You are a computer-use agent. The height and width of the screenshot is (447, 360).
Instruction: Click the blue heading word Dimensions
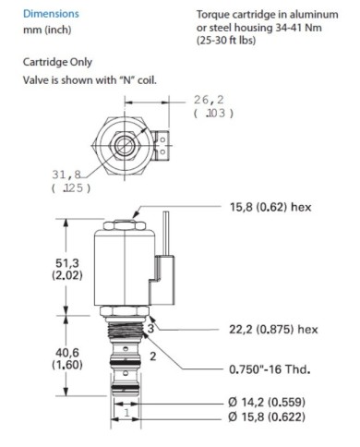(x=50, y=15)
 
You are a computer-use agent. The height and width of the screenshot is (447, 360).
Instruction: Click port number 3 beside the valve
(x=150, y=328)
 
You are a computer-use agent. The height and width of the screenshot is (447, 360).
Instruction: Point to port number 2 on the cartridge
(x=154, y=355)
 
